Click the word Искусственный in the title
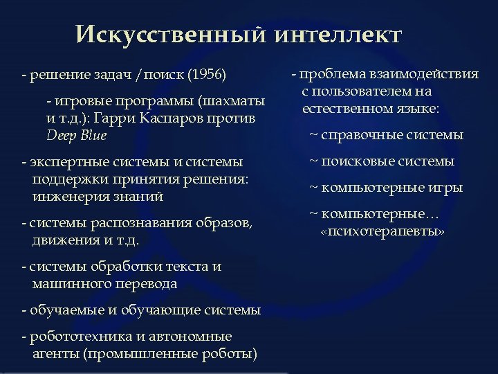(x=163, y=34)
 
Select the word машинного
(x=65, y=283)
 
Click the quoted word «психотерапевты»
(x=382, y=231)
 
